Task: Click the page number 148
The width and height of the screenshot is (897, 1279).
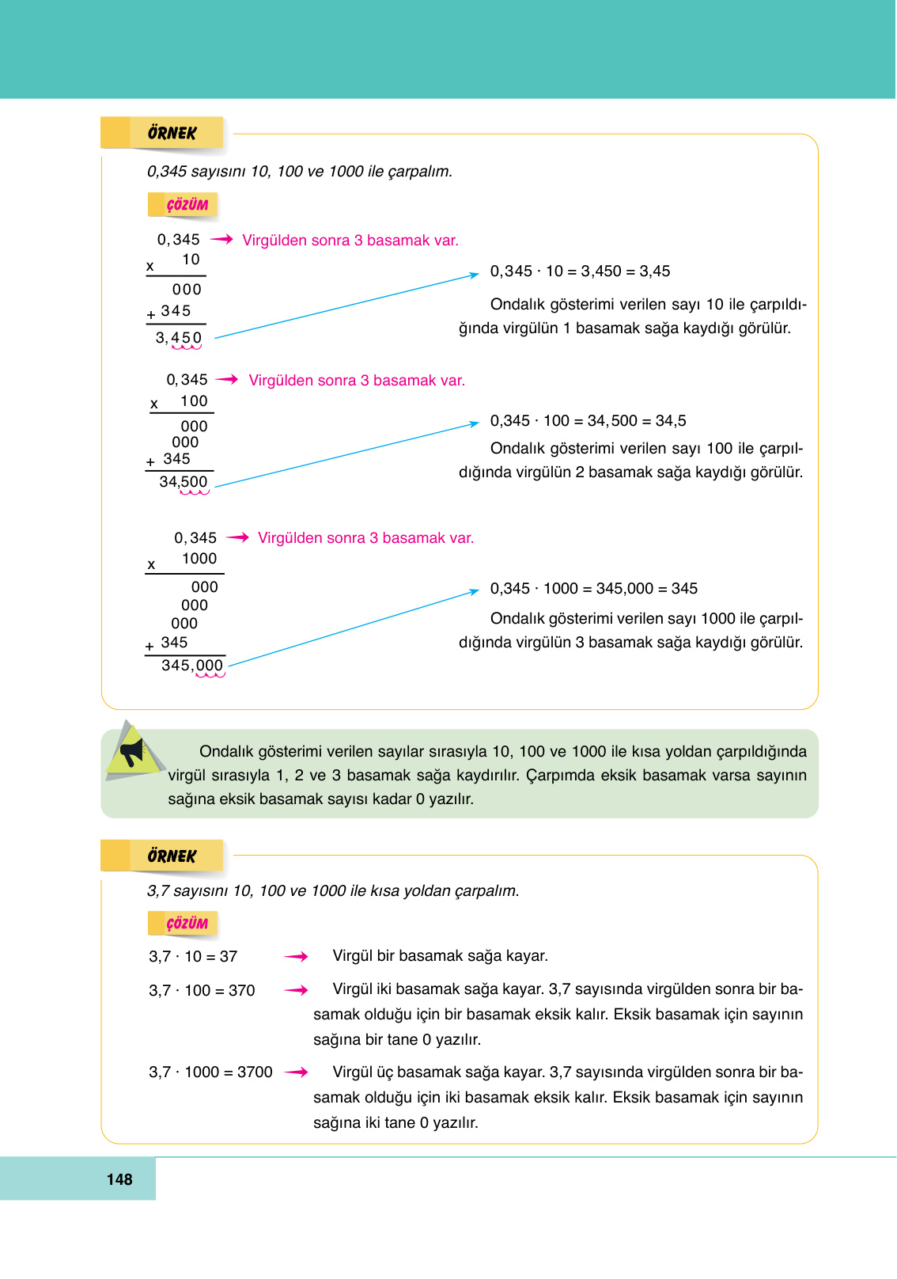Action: [x=119, y=1179]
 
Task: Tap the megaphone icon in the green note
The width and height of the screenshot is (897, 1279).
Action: [x=131, y=751]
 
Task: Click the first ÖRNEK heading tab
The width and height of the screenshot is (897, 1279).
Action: [x=171, y=133]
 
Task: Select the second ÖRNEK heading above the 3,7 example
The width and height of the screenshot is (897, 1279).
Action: [x=171, y=856]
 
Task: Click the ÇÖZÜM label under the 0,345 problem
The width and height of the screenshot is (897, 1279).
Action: [x=187, y=205]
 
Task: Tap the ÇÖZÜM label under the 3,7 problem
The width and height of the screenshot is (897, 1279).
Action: [x=187, y=924]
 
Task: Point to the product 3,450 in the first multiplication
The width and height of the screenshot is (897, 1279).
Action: [x=179, y=338]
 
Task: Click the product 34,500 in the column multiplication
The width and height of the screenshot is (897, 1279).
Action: [x=184, y=482]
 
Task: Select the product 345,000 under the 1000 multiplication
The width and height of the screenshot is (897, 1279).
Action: [x=192, y=666]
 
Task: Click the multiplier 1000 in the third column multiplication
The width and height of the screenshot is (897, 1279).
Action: [x=199, y=559]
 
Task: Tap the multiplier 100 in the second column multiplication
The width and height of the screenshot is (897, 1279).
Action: [x=194, y=401]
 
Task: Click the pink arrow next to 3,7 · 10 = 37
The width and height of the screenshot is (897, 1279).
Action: [x=296, y=957]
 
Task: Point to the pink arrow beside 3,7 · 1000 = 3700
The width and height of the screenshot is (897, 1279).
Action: [x=296, y=1072]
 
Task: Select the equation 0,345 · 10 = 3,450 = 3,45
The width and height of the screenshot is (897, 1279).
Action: [x=580, y=271]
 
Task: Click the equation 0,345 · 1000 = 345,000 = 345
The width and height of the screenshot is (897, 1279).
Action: [x=593, y=589]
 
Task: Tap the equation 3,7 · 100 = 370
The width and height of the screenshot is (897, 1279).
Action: [x=202, y=991]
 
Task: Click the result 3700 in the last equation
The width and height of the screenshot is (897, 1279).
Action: [x=255, y=1072]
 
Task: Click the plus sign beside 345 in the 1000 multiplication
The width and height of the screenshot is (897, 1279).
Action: [x=149, y=647]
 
